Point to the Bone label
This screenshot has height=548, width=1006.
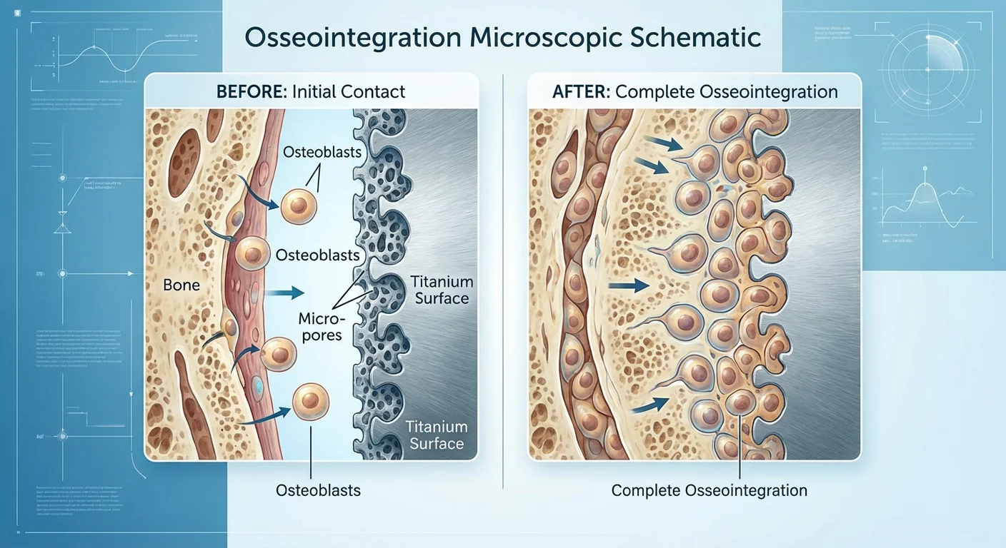181,285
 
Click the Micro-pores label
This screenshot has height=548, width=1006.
322,325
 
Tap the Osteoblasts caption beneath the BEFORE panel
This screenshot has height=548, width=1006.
318,490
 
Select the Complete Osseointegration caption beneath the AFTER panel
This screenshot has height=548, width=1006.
709,490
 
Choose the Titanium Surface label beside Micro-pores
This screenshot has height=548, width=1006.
442,290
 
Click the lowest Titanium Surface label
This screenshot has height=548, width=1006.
436,435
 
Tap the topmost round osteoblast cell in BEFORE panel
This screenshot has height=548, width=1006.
298,205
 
